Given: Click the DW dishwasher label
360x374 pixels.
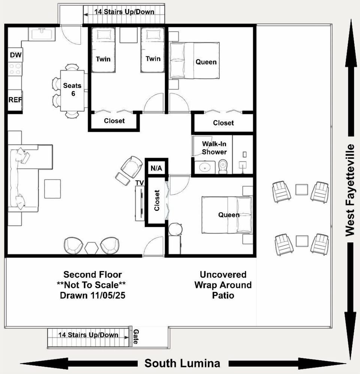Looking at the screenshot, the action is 16,55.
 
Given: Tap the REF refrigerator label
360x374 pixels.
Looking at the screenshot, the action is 15,100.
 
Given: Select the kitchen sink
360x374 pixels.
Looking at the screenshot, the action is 42,34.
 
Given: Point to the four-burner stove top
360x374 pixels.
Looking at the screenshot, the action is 15,69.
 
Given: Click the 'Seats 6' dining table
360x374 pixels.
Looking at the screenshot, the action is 72,90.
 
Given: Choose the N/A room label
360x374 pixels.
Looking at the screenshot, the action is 156,168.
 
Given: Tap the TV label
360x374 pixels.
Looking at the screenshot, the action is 139,183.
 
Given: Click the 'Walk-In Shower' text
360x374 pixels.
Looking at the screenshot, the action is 214,148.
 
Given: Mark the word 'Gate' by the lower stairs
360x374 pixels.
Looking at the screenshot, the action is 136,336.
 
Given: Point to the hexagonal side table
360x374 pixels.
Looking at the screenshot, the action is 91,248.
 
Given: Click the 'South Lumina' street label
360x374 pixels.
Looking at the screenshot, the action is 182,363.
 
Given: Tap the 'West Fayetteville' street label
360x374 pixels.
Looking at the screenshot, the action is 350,190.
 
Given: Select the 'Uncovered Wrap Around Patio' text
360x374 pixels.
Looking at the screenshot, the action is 223,285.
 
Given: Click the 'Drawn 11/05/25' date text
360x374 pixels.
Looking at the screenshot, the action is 93,295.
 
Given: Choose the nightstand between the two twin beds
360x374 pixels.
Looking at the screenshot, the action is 128,35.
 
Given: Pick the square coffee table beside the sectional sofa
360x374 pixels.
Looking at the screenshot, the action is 52,189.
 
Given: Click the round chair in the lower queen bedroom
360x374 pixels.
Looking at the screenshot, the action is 175,229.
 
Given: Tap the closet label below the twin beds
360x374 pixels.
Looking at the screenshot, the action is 114,121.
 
